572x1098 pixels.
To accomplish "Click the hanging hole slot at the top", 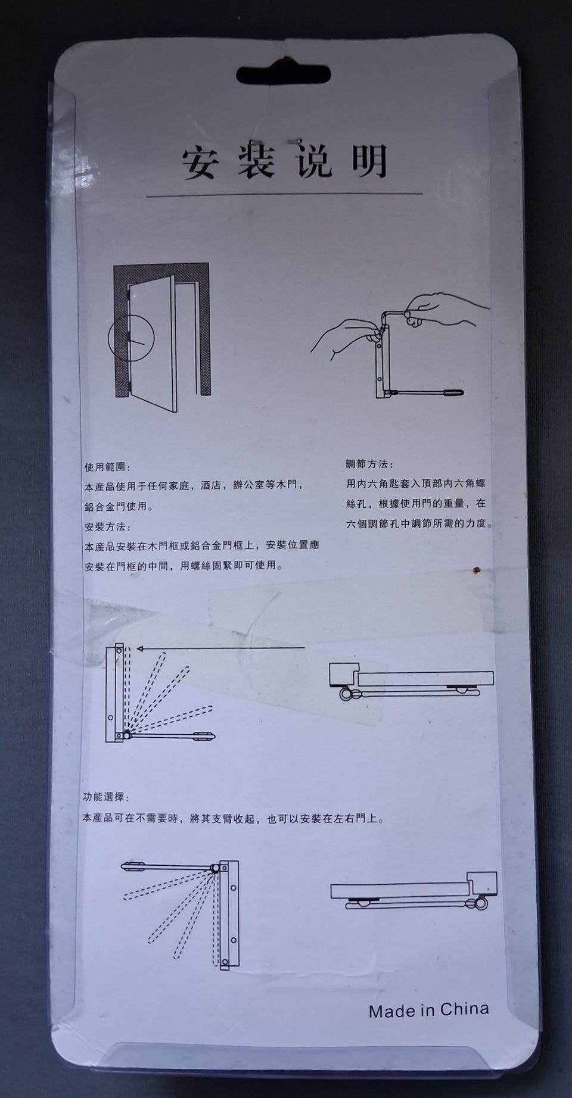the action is [x=286, y=74].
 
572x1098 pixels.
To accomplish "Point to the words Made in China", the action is [x=428, y=1010].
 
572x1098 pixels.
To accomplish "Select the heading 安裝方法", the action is [x=107, y=527].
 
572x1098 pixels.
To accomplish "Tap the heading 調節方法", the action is [x=369, y=464].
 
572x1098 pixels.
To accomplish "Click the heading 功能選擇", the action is [x=105, y=797].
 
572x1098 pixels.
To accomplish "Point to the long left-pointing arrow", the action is [x=220, y=648].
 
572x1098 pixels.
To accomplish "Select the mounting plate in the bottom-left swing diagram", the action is [x=229, y=915].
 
